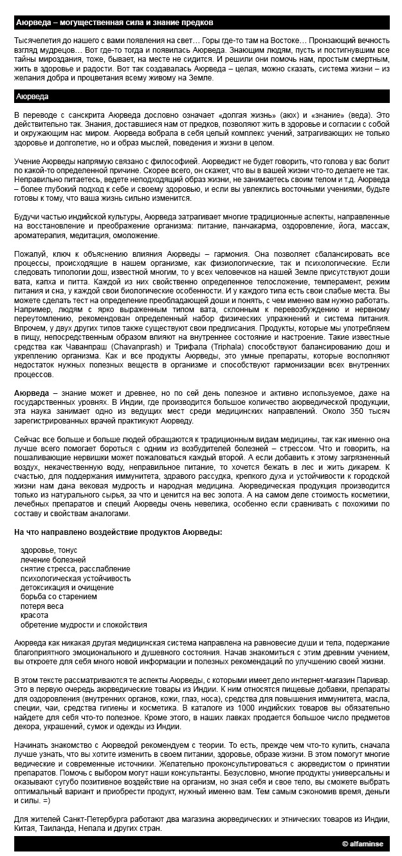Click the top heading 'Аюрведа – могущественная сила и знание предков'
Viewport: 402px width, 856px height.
[x=114, y=22]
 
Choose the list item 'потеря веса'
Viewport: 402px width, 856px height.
[x=42, y=606]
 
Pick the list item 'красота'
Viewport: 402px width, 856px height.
[x=35, y=615]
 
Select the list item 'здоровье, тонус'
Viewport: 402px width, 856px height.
[x=48, y=550]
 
